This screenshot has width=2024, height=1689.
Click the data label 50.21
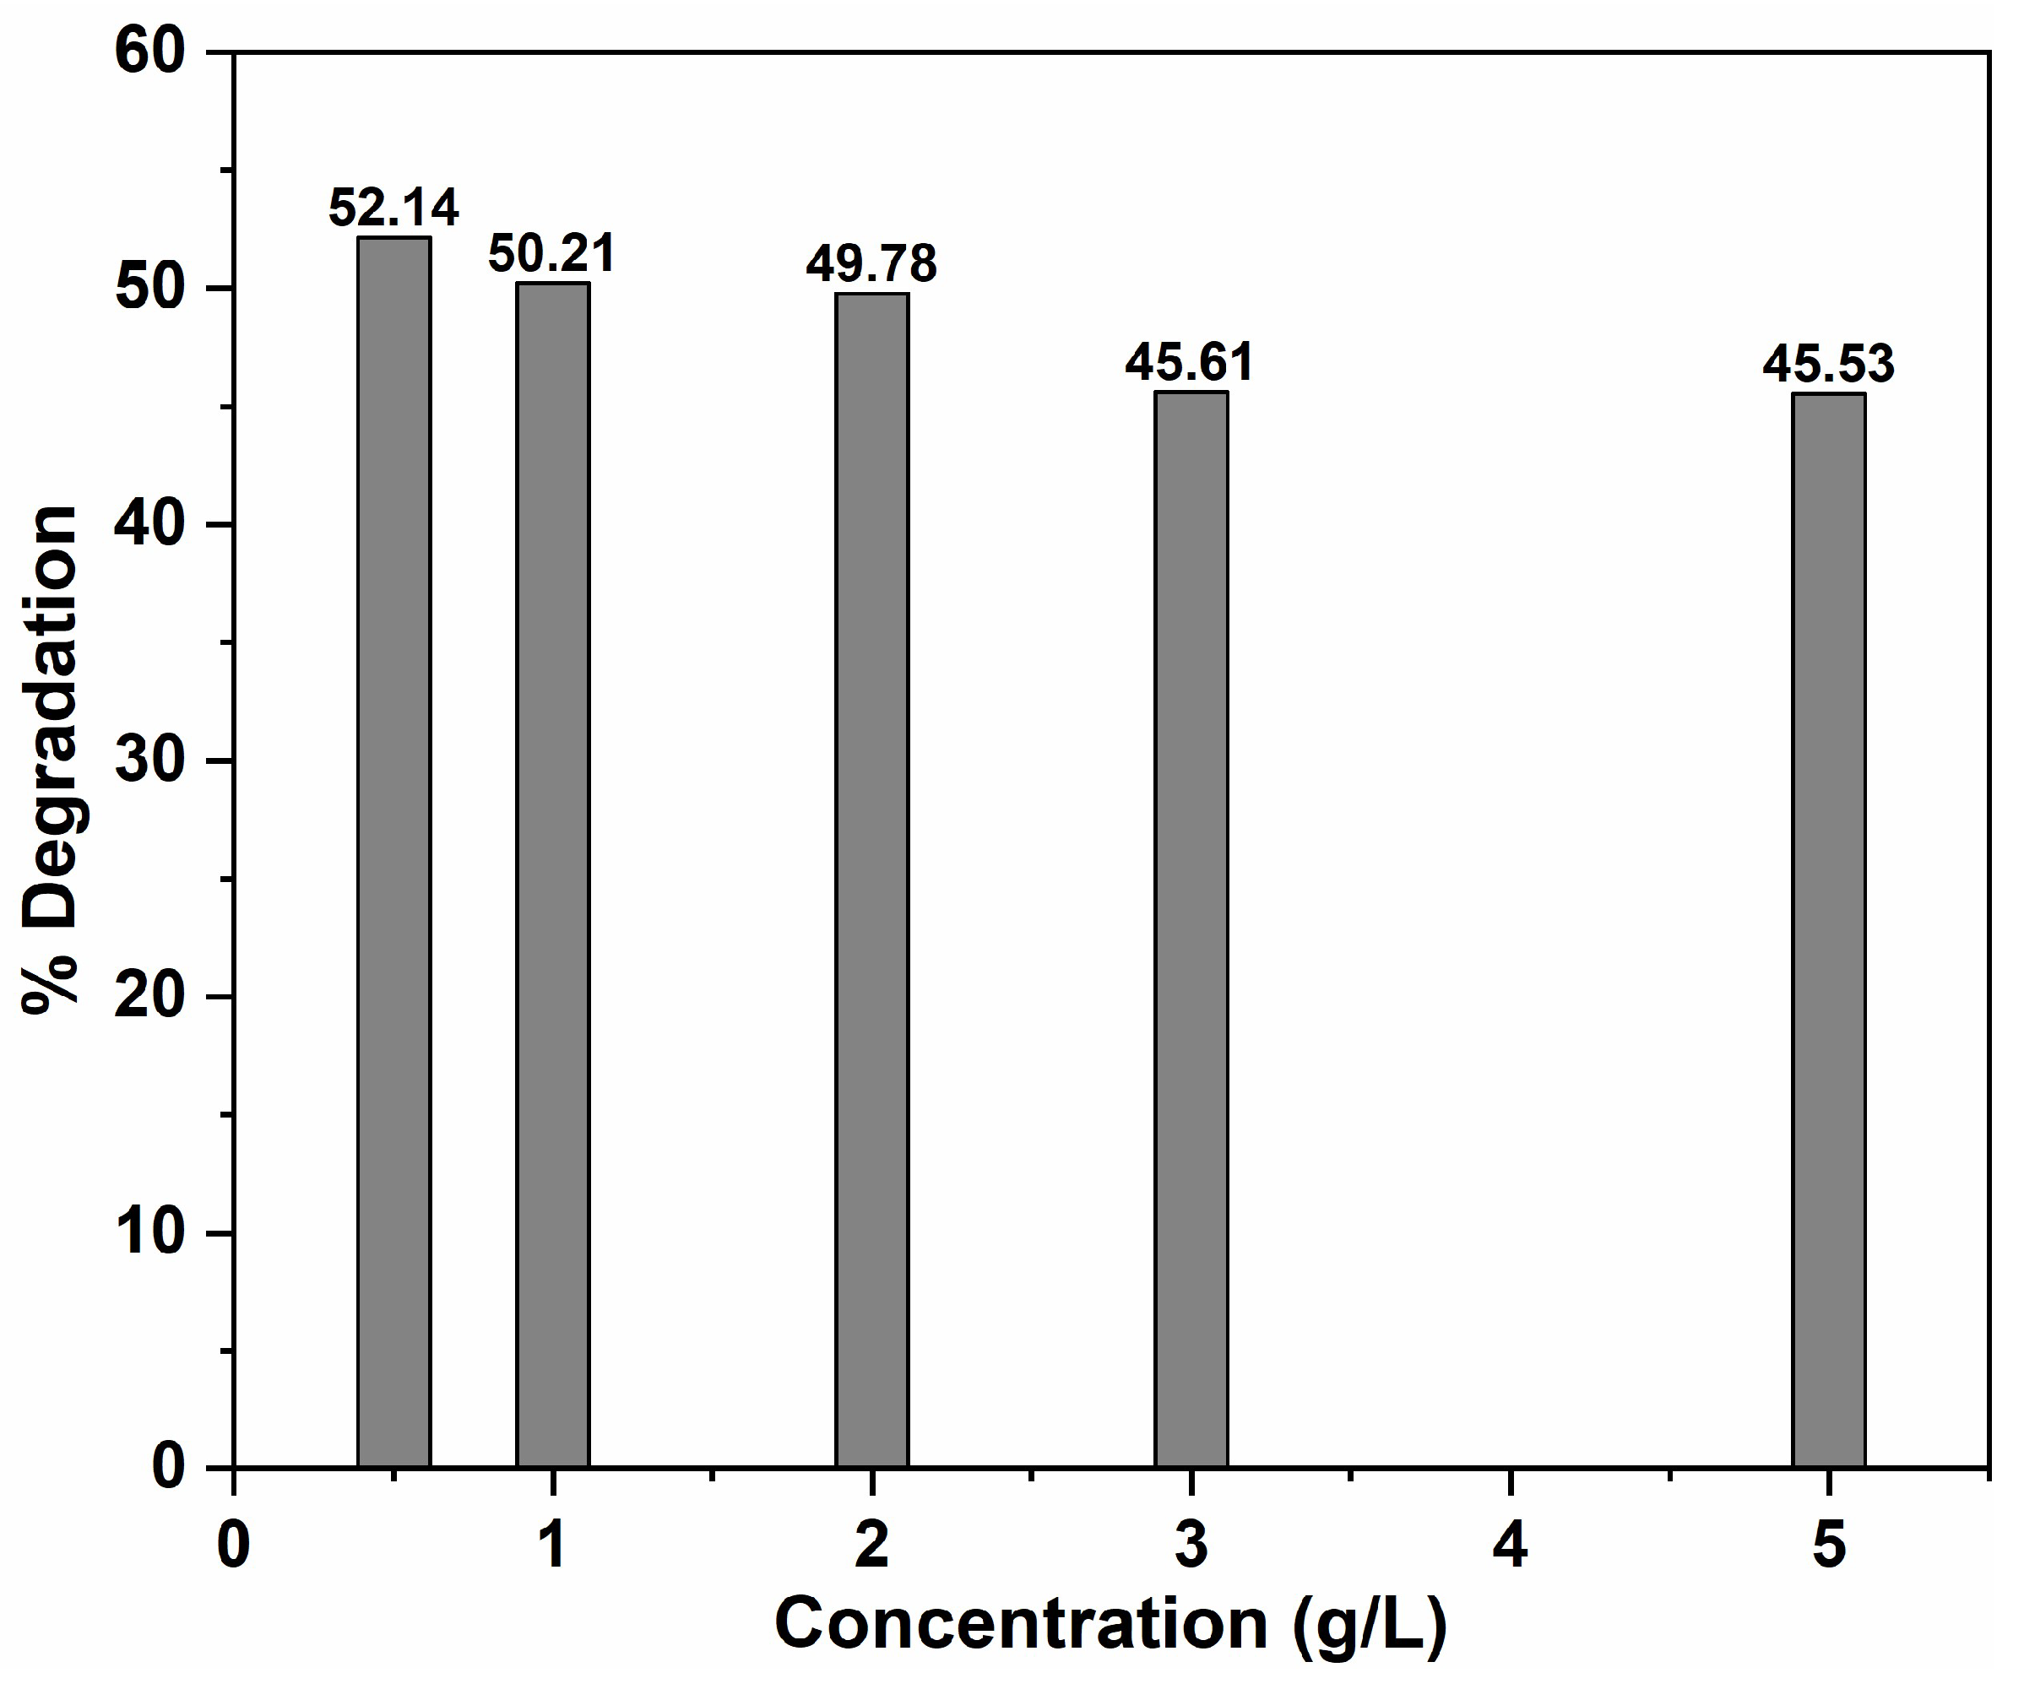coord(551,254)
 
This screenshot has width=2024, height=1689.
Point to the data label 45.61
coord(1190,362)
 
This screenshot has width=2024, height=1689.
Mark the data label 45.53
coord(1828,364)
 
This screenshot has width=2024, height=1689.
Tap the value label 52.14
coord(393,207)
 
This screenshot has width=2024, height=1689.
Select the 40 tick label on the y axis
coord(149,524)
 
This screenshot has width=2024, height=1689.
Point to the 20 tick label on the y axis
coord(149,996)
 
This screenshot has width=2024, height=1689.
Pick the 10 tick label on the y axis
coord(149,1232)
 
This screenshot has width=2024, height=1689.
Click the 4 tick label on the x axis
coord(1511,1546)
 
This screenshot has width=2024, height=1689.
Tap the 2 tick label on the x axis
coord(871,1546)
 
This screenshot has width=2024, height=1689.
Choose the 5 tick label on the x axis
coord(1828,1546)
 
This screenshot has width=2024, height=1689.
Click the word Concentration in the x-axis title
coord(1021,1625)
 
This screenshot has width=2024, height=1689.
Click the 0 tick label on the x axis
coord(233,1546)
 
